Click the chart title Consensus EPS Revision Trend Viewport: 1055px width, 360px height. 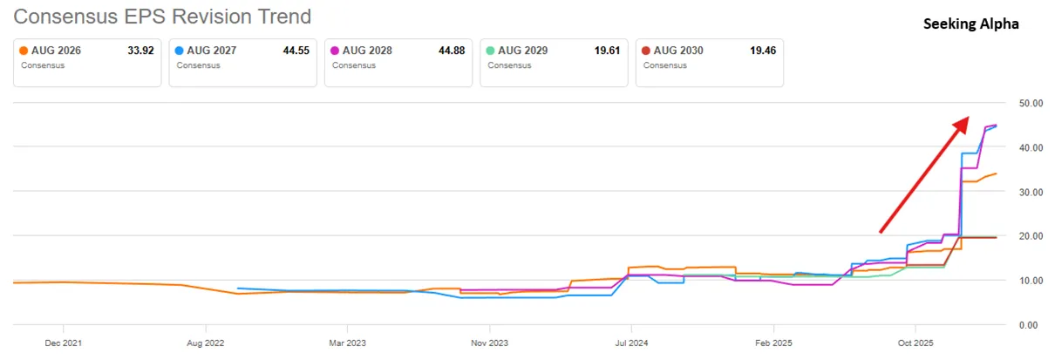162,17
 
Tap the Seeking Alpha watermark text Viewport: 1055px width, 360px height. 970,24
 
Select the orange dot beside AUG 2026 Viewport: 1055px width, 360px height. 24,51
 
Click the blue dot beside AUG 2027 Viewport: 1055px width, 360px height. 179,51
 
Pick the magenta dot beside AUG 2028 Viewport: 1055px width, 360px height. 335,51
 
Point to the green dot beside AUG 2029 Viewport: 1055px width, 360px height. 490,51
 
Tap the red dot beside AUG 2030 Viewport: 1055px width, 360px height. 646,51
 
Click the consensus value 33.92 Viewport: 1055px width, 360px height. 141,51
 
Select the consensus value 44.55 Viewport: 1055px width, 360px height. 296,51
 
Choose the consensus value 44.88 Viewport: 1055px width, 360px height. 452,51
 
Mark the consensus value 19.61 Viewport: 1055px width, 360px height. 607,51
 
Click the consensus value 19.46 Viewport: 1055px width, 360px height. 763,51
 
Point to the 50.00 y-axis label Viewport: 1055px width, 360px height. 1031,104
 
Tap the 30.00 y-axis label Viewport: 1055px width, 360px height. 1031,193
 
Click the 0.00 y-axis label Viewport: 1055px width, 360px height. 1028,325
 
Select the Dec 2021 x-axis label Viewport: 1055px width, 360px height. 63,343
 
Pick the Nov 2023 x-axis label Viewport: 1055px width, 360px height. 489,343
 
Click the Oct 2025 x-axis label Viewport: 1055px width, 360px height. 915,343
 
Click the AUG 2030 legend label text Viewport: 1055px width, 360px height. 678,51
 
